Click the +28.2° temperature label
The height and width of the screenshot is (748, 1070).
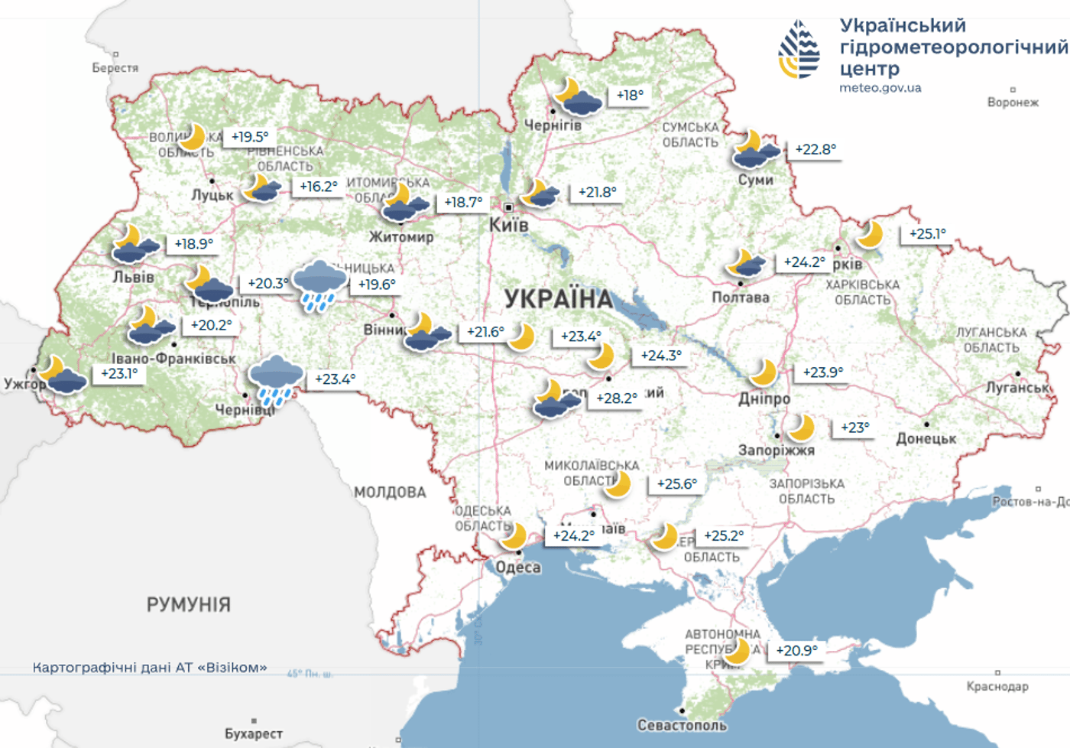616,398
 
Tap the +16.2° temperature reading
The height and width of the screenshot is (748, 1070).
318,187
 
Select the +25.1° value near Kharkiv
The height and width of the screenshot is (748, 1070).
927,234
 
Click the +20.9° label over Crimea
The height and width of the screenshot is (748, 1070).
796,651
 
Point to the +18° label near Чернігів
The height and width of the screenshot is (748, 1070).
630,96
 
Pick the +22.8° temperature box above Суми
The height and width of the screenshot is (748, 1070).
815,149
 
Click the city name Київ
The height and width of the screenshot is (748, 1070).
509,225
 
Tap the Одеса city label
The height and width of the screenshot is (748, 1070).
518,568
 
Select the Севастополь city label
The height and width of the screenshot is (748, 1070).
682,725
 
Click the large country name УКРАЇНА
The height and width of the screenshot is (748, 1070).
559,299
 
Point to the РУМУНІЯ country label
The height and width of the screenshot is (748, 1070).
188,605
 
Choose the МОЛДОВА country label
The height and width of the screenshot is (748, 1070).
390,493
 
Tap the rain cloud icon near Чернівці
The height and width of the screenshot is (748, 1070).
275,380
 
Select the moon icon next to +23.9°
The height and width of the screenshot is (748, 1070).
763,372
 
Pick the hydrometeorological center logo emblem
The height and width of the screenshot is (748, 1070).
799,50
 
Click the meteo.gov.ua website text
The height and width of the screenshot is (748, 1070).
880,88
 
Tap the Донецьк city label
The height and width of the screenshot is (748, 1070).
926,439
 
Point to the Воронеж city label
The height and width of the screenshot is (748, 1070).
1013,102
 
